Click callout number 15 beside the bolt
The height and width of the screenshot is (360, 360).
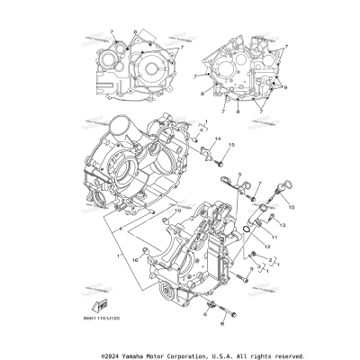[x=231, y=145]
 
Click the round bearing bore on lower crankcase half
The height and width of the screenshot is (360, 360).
[x=168, y=296]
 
